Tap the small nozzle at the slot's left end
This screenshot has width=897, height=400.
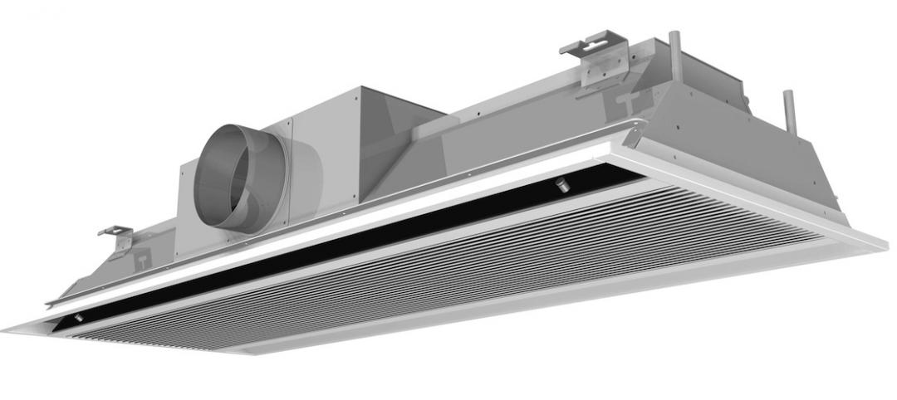coord(78,318)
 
